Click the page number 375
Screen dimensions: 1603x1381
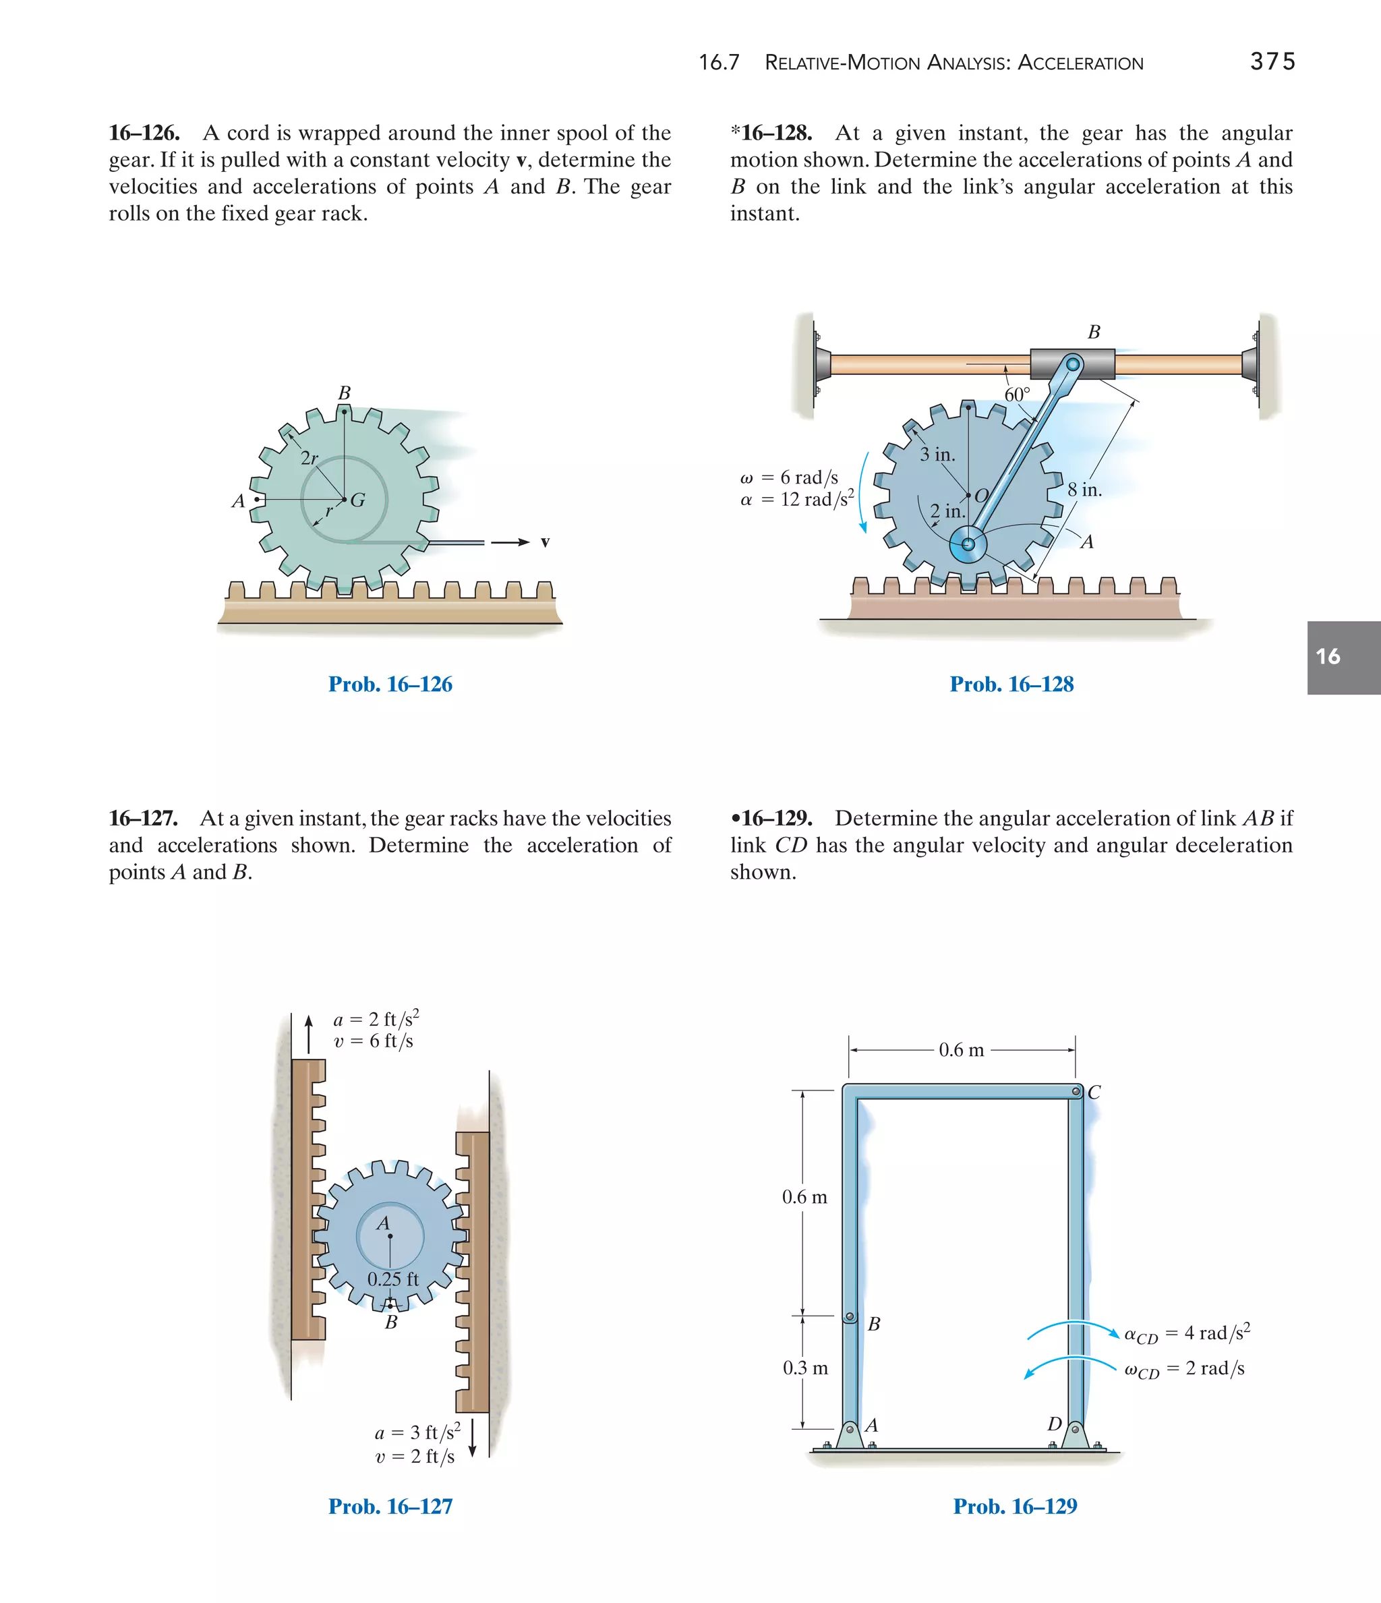(1272, 61)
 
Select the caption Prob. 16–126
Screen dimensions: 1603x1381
(390, 684)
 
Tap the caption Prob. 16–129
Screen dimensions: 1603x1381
(1014, 1507)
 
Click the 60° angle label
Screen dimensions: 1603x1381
(1017, 395)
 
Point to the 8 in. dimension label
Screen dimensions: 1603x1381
(1085, 490)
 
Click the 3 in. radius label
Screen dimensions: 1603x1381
(937, 455)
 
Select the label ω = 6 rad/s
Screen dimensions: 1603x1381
(789, 477)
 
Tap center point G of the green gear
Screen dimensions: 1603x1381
(345, 500)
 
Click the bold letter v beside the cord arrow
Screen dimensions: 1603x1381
(545, 542)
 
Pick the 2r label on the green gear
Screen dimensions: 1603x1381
(309, 458)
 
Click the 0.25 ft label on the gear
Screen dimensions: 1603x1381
(393, 1279)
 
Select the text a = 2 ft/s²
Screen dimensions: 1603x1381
(376, 1019)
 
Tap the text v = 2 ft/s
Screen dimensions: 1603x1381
(415, 1456)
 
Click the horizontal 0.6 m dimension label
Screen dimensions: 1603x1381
(961, 1050)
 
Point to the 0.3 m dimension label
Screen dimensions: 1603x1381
(804, 1368)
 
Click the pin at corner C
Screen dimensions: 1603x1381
(1076, 1092)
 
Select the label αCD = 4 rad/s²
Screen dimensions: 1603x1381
(1187, 1333)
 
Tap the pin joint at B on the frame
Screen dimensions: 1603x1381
(850, 1316)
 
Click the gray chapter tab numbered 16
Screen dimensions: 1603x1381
(1343, 657)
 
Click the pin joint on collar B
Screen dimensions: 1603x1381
(1072, 363)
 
